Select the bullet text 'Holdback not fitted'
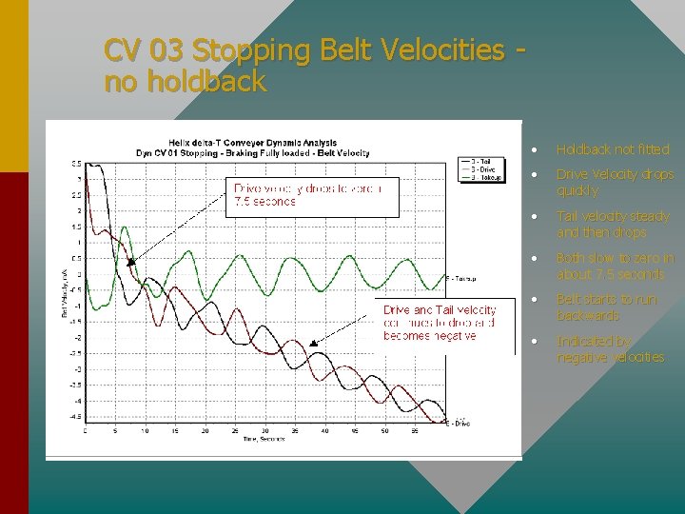pos(613,149)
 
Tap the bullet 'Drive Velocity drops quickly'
pos(615,182)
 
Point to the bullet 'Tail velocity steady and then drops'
pos(613,224)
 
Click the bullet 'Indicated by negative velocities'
pos(610,348)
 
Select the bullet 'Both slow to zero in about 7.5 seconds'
pos(615,266)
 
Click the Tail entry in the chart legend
pos(479,161)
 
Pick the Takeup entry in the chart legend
pos(482,177)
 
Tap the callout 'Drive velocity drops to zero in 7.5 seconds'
pos(304,194)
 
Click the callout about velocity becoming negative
pos(439,323)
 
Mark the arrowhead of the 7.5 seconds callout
pos(130,262)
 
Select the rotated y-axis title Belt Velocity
pos(66,294)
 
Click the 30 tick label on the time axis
pos(264,431)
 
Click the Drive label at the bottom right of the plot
pos(460,423)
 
